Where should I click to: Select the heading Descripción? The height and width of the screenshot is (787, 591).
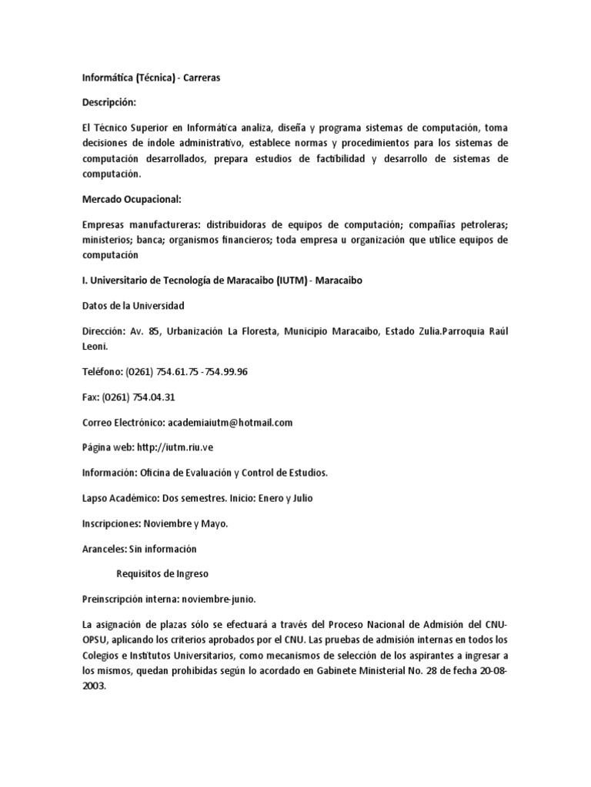109,102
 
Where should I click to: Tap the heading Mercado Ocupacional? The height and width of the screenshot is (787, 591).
131,199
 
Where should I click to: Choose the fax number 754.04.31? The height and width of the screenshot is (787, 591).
154,397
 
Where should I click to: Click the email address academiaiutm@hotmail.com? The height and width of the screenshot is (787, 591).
230,423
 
